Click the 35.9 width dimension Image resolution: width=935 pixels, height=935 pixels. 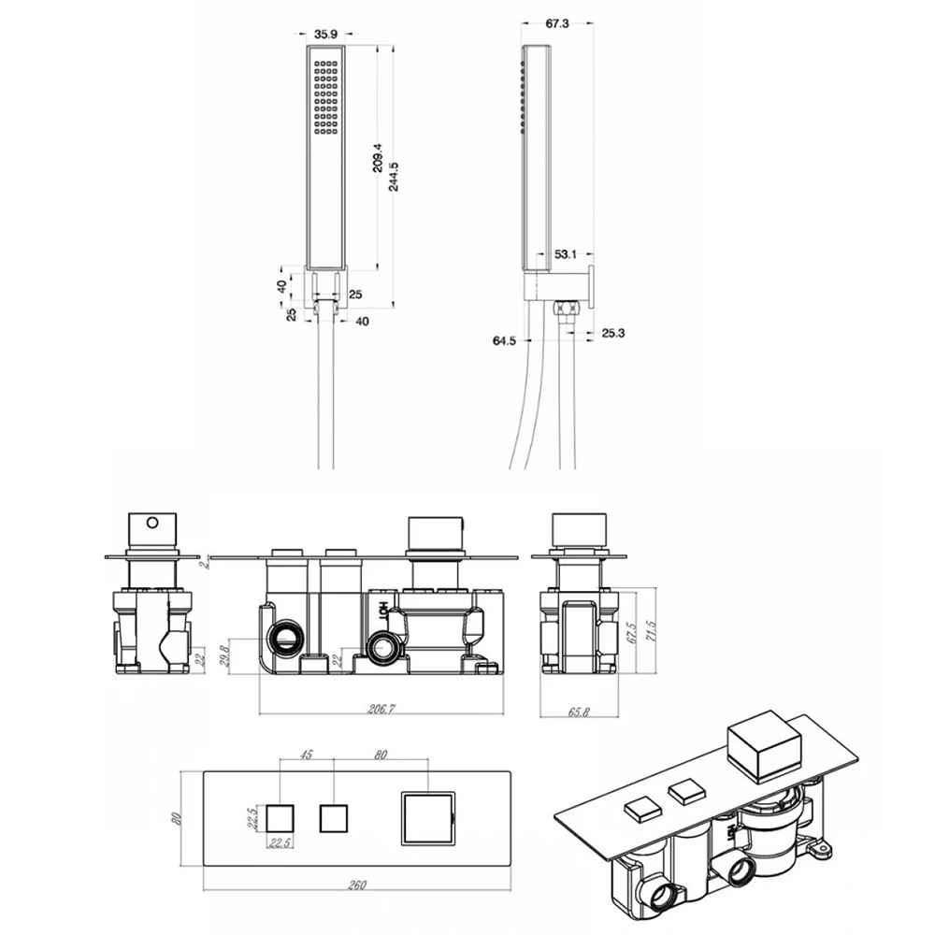click(325, 36)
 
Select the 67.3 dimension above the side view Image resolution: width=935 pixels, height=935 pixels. click(557, 24)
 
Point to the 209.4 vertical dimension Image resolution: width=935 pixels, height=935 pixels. click(378, 158)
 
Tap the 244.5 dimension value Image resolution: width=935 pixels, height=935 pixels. click(395, 177)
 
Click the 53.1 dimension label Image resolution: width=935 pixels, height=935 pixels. click(566, 254)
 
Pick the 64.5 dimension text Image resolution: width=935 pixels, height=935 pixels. click(504, 340)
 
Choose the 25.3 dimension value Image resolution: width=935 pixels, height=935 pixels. click(613, 333)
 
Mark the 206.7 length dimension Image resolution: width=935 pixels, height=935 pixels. click(381, 709)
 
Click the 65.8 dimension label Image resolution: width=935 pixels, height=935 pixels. click(579, 712)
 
